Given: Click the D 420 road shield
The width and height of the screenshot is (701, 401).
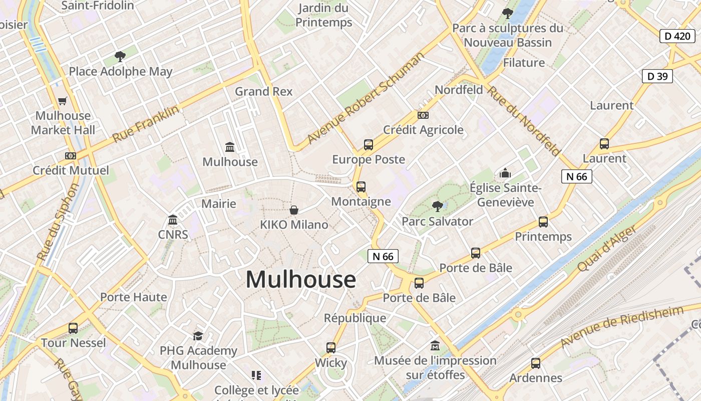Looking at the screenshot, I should tap(677, 36).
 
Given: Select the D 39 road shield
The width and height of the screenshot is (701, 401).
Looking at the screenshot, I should tap(657, 76).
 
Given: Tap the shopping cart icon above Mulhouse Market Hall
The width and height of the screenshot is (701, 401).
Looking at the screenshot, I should tap(63, 101).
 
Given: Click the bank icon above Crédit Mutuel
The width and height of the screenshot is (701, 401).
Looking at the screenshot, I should tap(71, 156).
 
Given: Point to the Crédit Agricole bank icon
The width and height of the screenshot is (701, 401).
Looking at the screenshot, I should tap(423, 115).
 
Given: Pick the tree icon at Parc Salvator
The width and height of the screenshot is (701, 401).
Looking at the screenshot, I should tap(438, 206).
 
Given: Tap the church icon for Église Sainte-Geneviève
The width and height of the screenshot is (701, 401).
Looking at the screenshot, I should tap(505, 173).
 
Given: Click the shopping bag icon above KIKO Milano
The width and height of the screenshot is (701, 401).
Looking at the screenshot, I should tap(294, 210).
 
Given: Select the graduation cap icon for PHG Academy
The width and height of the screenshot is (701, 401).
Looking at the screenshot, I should tap(198, 335).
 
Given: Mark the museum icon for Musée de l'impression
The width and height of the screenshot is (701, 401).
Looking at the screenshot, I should tap(435, 346).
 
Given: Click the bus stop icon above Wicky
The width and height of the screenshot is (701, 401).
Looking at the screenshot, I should tap(331, 347).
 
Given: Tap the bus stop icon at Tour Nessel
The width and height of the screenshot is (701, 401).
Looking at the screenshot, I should tap(73, 328).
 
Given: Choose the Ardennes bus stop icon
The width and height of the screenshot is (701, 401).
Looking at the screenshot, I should tap(536, 363).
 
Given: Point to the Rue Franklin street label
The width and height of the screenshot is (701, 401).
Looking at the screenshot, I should tap(146, 124).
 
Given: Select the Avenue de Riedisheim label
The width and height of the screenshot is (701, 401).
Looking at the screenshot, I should tap(622, 326).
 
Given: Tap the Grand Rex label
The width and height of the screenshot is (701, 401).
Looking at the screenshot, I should tap(264, 92).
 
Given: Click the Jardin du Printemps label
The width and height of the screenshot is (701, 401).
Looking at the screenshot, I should tap(324, 15).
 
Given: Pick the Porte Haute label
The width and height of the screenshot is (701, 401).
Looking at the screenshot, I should tap(134, 297).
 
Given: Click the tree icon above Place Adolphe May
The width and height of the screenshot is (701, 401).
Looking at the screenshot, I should tap(120, 56).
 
